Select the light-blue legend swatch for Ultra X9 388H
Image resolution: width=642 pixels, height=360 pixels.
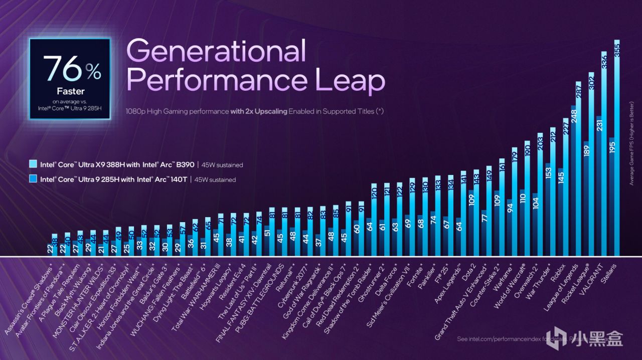click(x=33, y=164)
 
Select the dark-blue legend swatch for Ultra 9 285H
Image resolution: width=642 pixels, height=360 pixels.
click(x=33, y=178)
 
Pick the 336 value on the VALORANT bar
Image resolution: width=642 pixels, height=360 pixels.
click(x=604, y=62)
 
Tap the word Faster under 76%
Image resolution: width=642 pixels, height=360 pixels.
click(x=70, y=91)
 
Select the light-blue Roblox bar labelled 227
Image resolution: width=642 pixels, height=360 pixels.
click(x=566, y=186)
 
